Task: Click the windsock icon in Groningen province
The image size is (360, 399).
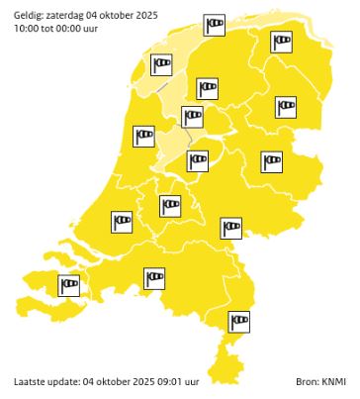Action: pos(282,41)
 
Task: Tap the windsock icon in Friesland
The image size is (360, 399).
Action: pos(207,88)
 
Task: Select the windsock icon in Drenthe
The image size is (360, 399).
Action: pos(284,104)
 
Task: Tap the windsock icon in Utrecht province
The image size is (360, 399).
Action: pos(170,205)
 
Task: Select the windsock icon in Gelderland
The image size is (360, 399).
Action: pos(229,228)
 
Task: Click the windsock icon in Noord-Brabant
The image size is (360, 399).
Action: pos(154,278)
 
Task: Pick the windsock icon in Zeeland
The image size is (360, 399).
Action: pos(69,286)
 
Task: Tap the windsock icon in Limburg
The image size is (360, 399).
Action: pos(238,321)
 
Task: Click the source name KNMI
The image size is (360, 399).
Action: pos(333,381)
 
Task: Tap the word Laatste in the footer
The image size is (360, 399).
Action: pos(30,381)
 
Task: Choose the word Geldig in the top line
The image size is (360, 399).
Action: pos(28,15)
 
